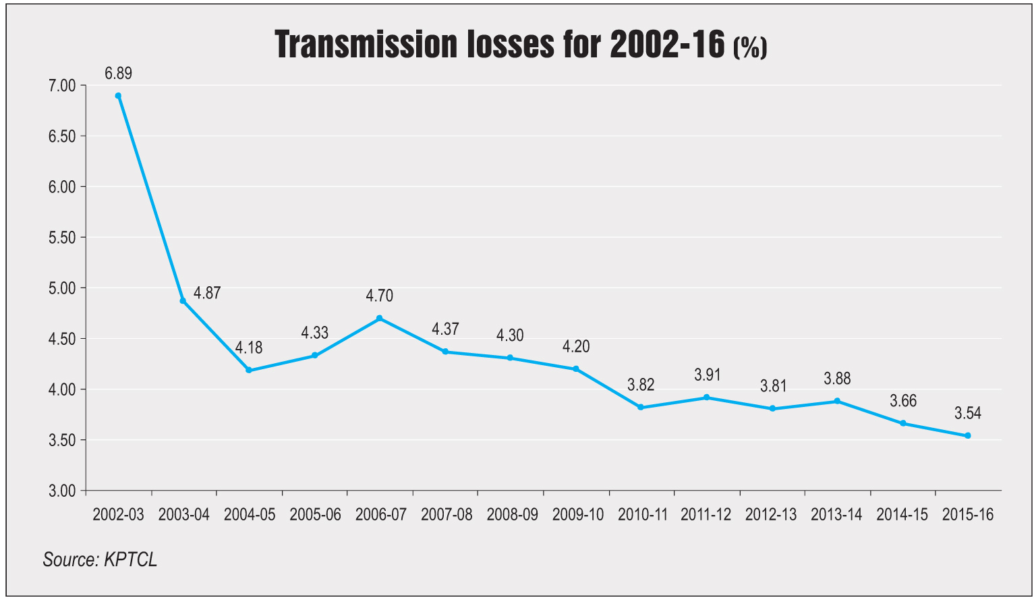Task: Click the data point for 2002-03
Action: coord(118,96)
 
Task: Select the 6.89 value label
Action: coord(118,73)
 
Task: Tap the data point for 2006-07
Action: coord(379,318)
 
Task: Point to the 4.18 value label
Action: coord(249,348)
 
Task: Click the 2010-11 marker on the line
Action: coord(640,407)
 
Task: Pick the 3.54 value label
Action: coord(967,413)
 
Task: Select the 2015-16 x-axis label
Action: coord(968,514)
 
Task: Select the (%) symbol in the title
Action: coord(750,47)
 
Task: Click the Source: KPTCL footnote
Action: coord(100,560)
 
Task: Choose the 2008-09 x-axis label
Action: coord(513,514)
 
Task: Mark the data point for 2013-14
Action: coord(837,401)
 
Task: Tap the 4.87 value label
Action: coord(207,293)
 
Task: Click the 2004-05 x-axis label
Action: coord(250,514)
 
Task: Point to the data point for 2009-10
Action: coord(575,369)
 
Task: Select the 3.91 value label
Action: coord(708,375)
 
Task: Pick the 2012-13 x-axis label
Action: coord(771,514)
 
